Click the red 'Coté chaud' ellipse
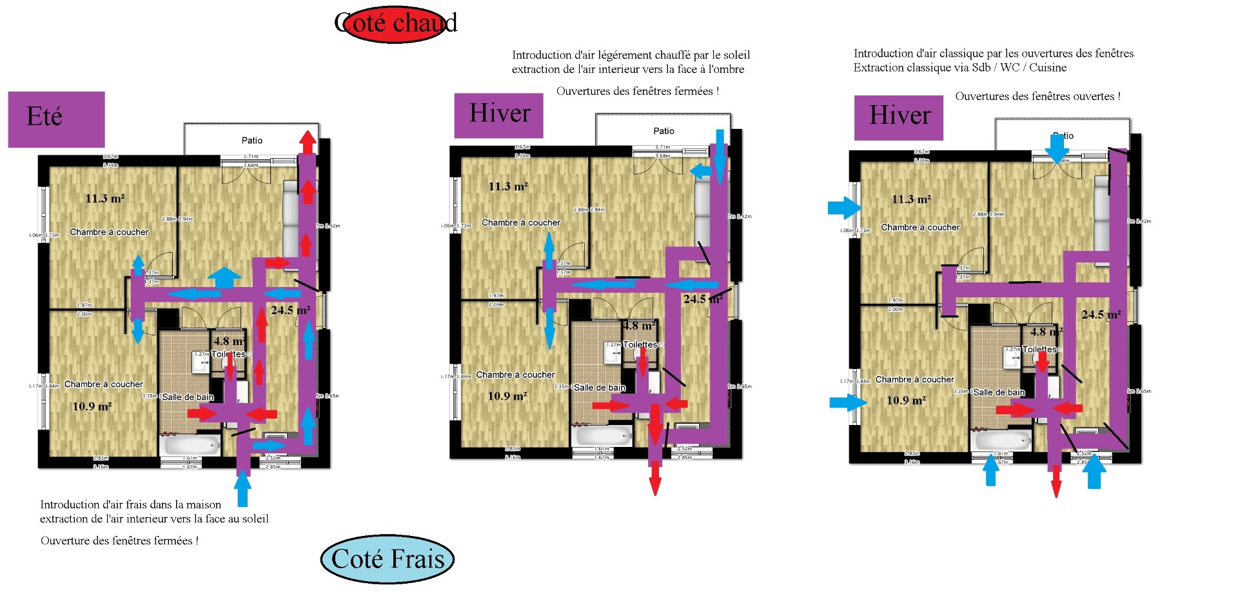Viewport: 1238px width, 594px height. tap(395, 24)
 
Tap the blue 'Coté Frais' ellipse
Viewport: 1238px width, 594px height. tap(388, 559)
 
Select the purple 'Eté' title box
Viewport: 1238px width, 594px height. tap(56, 119)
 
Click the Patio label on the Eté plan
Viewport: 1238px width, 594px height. tap(251, 140)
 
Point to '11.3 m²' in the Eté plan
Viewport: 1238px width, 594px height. tap(105, 199)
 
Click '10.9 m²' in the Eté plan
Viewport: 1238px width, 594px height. tap(92, 406)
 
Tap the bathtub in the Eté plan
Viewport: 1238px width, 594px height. tap(191, 445)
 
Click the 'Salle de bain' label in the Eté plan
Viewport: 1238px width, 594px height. tap(188, 397)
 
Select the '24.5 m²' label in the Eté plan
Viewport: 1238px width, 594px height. tap(290, 310)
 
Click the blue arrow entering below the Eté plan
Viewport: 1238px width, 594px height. tap(242, 488)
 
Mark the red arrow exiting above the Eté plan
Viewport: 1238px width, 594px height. tap(308, 141)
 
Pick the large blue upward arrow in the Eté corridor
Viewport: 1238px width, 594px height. tap(224, 277)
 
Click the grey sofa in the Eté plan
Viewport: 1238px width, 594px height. tap(291, 219)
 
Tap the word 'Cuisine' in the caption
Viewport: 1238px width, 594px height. tap(1048, 68)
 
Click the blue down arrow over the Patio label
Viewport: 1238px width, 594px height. tap(1057, 148)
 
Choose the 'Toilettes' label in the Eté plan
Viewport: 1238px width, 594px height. tap(228, 354)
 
